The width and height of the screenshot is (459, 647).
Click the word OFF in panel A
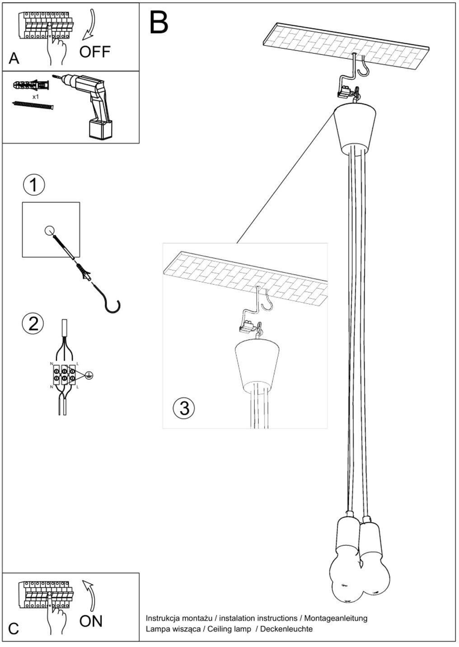[x=95, y=52]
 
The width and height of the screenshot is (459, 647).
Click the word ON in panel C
[x=91, y=621]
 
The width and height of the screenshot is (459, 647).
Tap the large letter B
[x=159, y=22]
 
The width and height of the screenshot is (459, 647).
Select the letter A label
[x=14, y=59]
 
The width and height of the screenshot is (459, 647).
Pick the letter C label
[x=14, y=628]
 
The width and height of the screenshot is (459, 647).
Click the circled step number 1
[x=33, y=185]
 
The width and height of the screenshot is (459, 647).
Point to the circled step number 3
[x=184, y=408]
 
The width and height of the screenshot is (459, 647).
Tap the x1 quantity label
[x=36, y=97]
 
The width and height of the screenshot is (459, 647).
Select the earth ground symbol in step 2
[x=89, y=375]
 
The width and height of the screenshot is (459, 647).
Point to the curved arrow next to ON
[x=90, y=594]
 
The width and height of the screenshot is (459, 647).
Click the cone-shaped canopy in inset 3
[x=257, y=364]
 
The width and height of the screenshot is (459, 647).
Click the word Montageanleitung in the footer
[x=336, y=618]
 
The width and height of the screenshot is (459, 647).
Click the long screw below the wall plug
[x=33, y=106]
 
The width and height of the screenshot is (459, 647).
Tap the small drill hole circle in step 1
[x=50, y=230]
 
